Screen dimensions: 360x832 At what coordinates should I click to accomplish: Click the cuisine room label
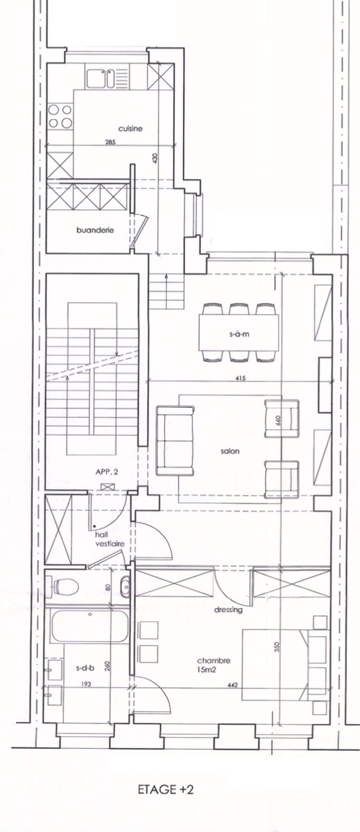[x=130, y=128]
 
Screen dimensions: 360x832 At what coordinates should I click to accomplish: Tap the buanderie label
[x=95, y=230]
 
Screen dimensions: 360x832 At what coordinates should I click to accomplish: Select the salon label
[x=230, y=451]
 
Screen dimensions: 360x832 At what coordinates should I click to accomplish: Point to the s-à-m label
[x=239, y=333]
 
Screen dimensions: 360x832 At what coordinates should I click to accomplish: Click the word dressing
[x=228, y=609]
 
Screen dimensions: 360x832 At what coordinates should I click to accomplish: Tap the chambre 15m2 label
[x=214, y=665]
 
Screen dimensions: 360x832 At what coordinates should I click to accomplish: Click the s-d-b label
[x=85, y=668]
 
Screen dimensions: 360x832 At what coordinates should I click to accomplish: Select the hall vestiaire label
[x=110, y=539]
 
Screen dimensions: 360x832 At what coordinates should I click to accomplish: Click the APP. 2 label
[x=107, y=472]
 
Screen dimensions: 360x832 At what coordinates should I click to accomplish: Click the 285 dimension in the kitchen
[x=110, y=142]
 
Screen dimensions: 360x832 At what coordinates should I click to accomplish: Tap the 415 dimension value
[x=241, y=378]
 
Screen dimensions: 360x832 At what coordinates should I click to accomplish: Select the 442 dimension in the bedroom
[x=233, y=685]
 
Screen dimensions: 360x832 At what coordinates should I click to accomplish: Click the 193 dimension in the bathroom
[x=85, y=684]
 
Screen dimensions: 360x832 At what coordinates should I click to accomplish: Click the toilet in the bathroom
[x=66, y=587]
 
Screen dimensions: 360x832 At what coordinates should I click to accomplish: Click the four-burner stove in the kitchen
[x=60, y=116]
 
